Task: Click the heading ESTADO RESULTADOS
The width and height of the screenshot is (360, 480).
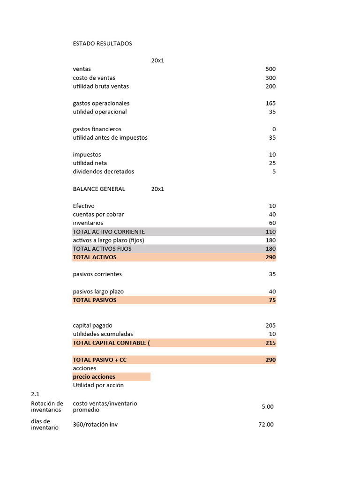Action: (x=102, y=44)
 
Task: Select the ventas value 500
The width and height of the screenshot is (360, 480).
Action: (x=270, y=69)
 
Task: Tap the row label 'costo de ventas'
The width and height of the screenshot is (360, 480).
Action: (x=94, y=78)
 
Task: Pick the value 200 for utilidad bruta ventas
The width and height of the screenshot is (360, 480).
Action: (x=270, y=86)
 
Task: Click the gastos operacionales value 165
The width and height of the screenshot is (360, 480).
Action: (x=270, y=103)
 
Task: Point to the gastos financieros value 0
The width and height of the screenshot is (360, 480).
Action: (x=274, y=129)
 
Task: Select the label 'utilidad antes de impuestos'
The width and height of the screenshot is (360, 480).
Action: (x=110, y=138)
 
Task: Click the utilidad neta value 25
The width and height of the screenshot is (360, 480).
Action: (x=272, y=163)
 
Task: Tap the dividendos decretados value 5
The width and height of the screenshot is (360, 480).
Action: (x=274, y=172)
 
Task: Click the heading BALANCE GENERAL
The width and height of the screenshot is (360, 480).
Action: (x=99, y=189)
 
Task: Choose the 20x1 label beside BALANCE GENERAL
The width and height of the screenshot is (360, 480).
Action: (x=157, y=189)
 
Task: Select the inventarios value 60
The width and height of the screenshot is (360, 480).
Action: (x=272, y=223)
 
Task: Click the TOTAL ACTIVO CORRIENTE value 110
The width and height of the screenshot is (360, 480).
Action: (x=270, y=232)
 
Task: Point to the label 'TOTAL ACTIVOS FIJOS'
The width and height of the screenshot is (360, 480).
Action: (x=102, y=248)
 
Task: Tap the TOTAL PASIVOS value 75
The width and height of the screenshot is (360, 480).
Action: (x=272, y=300)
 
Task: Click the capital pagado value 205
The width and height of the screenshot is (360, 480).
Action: (x=270, y=325)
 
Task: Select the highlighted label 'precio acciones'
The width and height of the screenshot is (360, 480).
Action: (x=94, y=377)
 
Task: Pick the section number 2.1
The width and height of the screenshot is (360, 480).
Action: (x=36, y=394)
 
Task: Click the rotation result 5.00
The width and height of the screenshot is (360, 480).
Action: (x=267, y=407)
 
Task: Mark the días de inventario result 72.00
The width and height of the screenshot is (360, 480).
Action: (x=266, y=425)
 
